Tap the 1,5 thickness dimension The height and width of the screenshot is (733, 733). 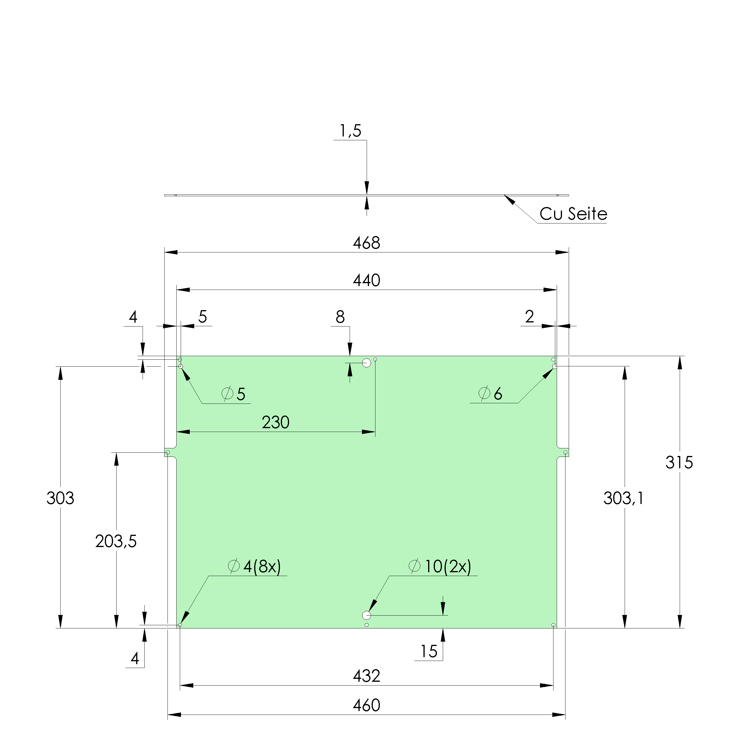point(350,131)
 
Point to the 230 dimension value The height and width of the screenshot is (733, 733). point(276,422)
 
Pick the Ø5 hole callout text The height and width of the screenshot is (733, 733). point(234,394)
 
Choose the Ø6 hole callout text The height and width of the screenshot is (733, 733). point(490,393)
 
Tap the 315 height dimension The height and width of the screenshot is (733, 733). point(679,462)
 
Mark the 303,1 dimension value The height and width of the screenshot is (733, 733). point(623,498)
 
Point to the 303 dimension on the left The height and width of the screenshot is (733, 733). point(60,498)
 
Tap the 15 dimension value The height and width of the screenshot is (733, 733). point(429,651)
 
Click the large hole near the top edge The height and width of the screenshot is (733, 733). point(367,363)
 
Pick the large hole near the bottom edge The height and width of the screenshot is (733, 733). point(367,615)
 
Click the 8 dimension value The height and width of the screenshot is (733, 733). point(340,317)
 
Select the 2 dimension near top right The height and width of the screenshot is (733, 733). point(529,316)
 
